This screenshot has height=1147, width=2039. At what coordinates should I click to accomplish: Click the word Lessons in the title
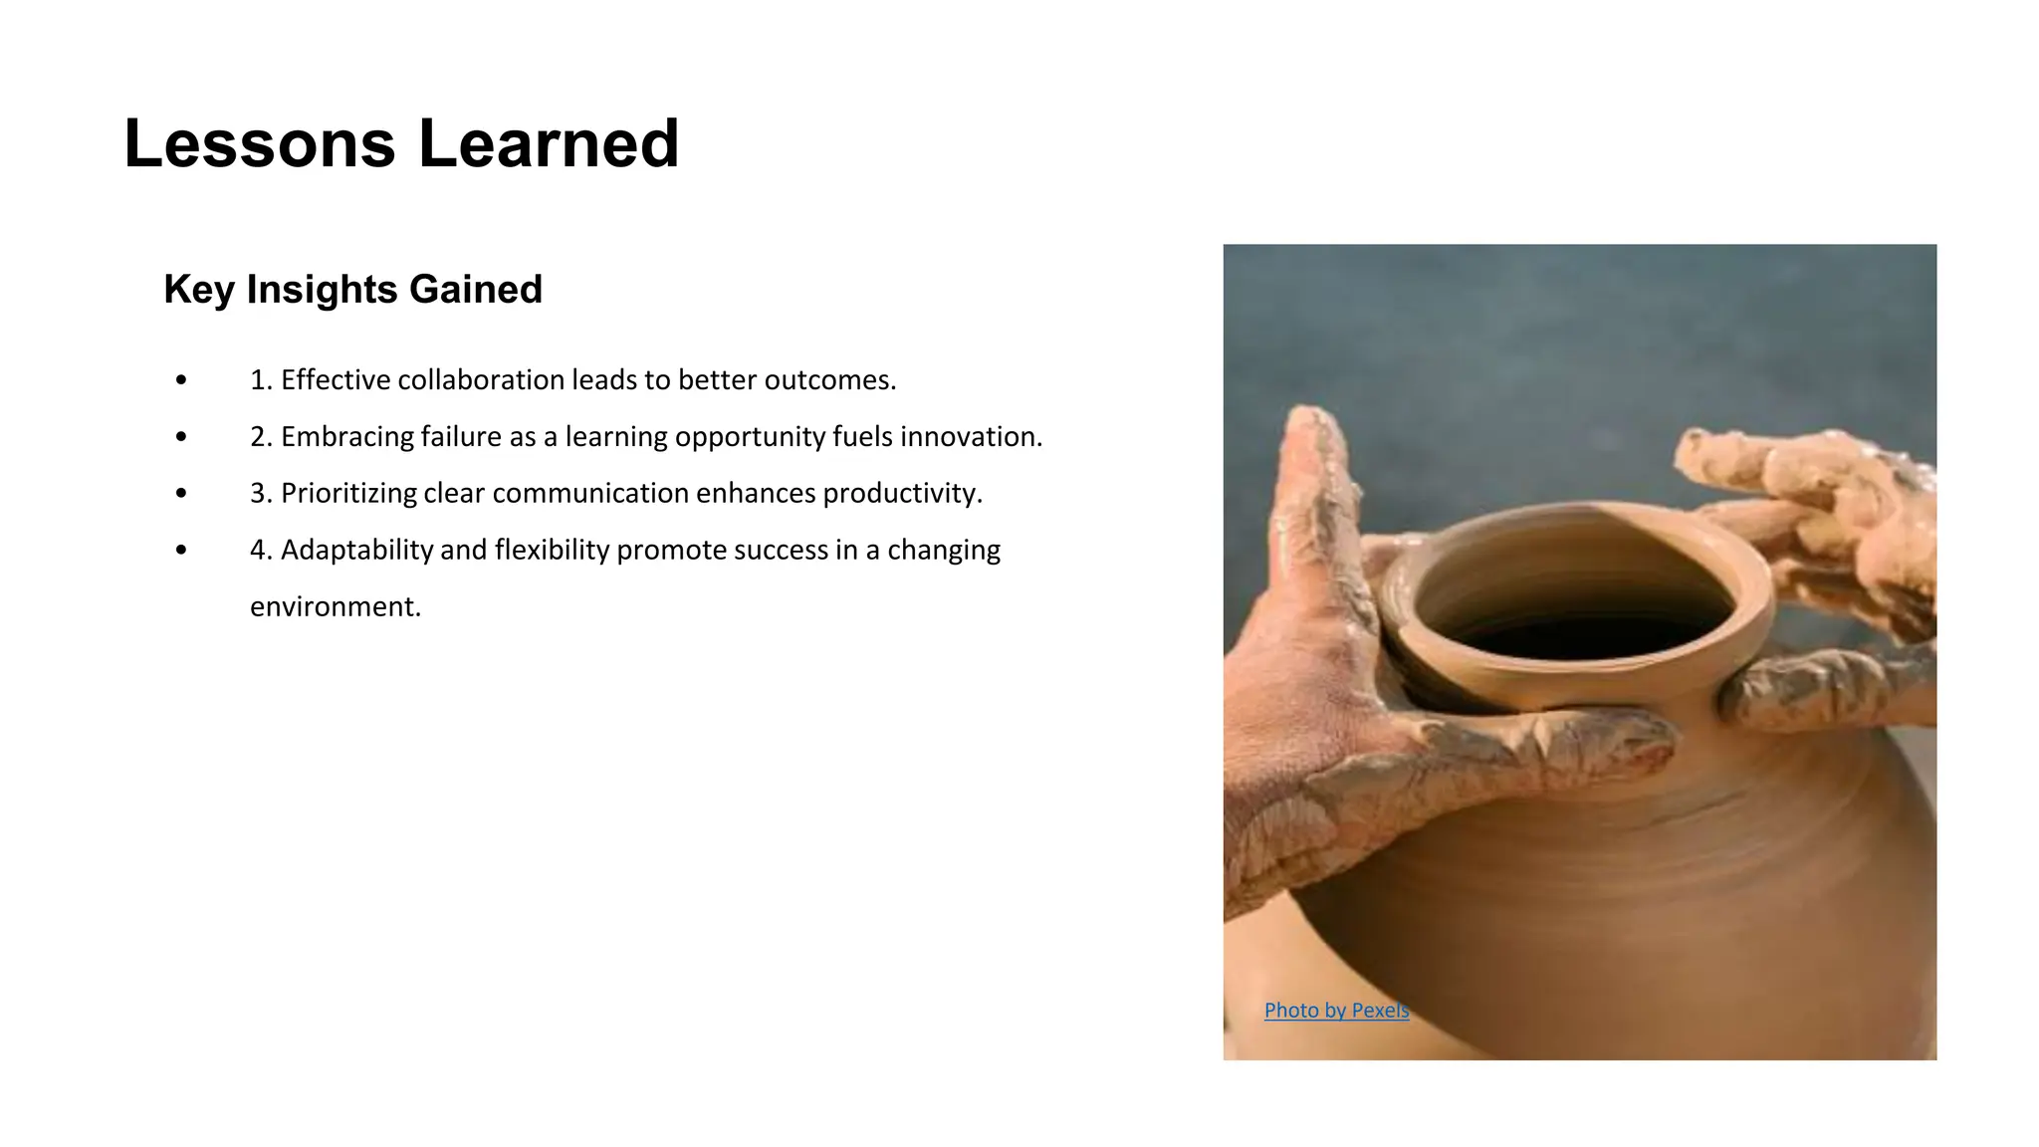coord(259,144)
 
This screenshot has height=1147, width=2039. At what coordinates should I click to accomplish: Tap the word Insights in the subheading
coord(322,290)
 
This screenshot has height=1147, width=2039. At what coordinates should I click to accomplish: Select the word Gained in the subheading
coord(475,290)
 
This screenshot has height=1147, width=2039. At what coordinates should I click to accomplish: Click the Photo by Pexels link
coord(1336,1011)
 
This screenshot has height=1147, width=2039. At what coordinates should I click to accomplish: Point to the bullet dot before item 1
coord(180,380)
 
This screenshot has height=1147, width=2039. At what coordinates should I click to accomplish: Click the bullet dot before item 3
coord(180,494)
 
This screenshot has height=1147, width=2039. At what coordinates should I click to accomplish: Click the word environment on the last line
coord(335,607)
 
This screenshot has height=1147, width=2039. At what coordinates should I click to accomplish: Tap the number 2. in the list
coord(261,437)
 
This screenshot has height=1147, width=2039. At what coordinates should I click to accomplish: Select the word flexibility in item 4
coord(551,551)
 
